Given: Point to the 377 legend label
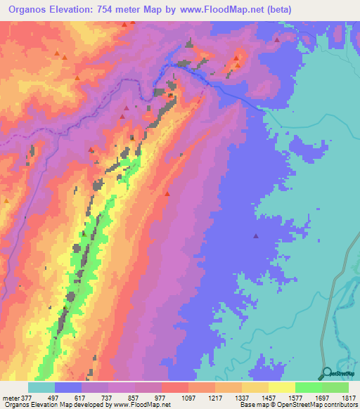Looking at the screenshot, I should click(x=27, y=397).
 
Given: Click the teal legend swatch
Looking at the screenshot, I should click(x=41, y=387).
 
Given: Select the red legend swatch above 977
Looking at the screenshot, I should click(x=175, y=387).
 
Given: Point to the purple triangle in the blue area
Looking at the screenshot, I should click(x=256, y=236).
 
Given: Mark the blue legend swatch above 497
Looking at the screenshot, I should click(x=68, y=387).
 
